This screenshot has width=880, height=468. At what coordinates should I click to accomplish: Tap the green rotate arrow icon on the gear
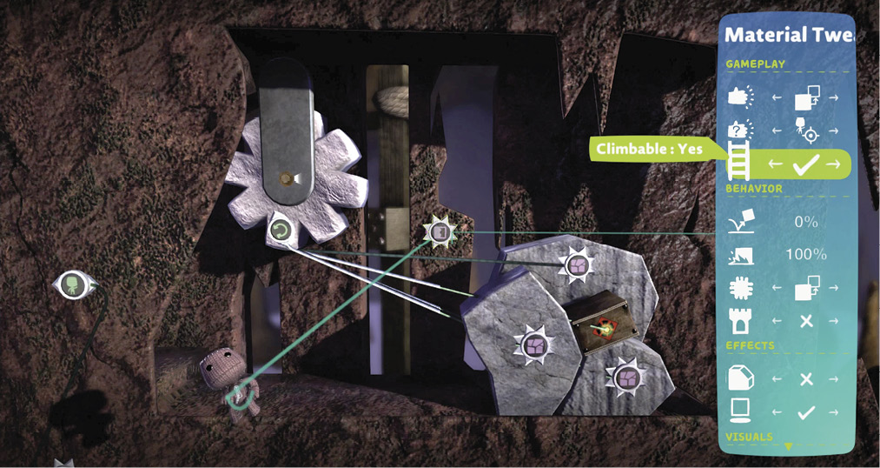(x=279, y=230)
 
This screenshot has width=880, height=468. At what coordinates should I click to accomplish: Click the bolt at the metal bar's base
(x=287, y=178)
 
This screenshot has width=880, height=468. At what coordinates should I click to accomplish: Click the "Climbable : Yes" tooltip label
(x=649, y=150)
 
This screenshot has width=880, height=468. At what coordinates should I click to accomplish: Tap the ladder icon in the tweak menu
(x=738, y=160)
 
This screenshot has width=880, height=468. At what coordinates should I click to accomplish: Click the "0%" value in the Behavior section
(x=806, y=222)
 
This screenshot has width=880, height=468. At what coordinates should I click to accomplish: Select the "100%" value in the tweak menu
(x=806, y=255)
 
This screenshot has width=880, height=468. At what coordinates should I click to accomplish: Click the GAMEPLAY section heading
(x=756, y=64)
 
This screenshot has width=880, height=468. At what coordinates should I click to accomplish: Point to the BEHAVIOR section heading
(x=754, y=189)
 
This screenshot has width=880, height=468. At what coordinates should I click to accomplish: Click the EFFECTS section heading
(x=750, y=345)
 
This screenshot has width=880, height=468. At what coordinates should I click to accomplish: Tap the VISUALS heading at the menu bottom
(x=749, y=437)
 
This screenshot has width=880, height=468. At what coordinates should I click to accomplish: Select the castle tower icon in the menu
(x=738, y=320)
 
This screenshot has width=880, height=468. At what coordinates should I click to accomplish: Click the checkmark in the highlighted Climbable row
(x=805, y=164)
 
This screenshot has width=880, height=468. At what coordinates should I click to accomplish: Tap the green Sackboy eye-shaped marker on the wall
(x=75, y=284)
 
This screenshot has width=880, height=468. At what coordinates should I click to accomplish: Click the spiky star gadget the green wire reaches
(x=440, y=232)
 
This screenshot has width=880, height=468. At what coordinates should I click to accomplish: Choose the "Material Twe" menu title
(x=789, y=36)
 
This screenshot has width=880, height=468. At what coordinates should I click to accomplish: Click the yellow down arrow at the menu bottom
(x=789, y=446)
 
